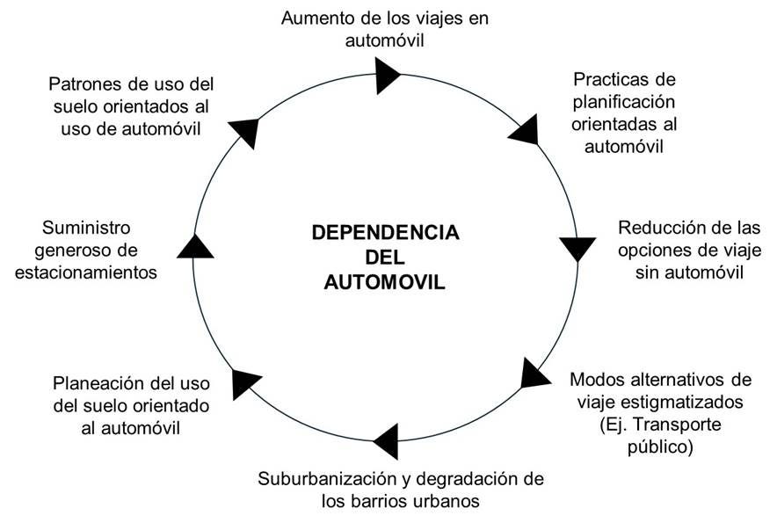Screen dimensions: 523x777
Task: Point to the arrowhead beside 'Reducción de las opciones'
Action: tap(577, 248)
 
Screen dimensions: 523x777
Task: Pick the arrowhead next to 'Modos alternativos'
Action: tap(534, 374)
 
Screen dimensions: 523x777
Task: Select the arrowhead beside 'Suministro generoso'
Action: tap(195, 246)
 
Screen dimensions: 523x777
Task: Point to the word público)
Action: tap(660, 447)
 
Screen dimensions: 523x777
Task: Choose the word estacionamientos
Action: tap(86, 272)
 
